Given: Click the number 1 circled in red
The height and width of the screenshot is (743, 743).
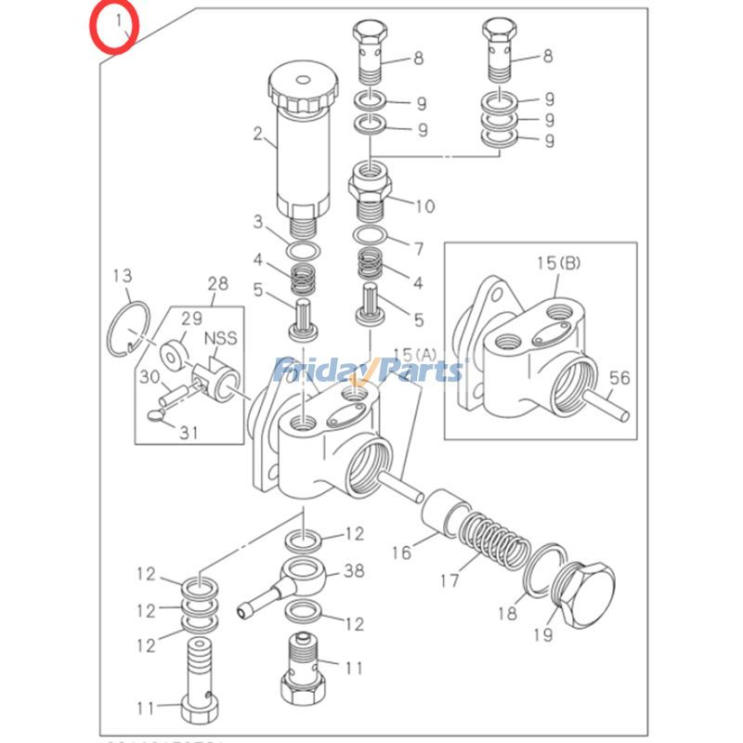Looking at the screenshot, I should coord(116,21).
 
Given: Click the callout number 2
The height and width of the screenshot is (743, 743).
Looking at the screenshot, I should coord(258,133).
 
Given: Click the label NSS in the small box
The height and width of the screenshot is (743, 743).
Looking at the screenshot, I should coord(220,339).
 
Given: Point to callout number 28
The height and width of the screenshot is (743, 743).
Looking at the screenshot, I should coord(216,282).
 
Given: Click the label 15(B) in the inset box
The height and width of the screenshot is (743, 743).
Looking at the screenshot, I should coord(557,263).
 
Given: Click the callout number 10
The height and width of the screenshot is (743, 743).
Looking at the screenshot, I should coord(424,205).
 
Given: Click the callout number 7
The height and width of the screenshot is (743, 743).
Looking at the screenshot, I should coord(418,248).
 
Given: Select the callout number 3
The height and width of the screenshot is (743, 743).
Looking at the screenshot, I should coord(259,221).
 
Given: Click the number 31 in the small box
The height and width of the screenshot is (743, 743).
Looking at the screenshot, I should coord(189,432).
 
